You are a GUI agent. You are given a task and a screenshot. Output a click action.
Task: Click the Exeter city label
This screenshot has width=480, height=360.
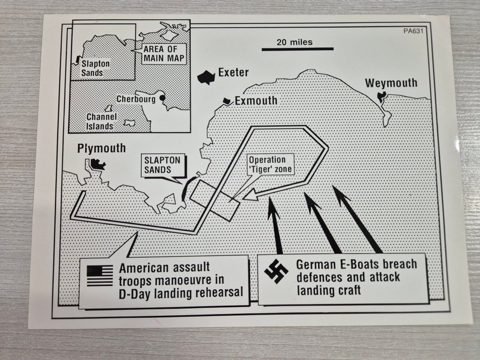[x=234, y=73]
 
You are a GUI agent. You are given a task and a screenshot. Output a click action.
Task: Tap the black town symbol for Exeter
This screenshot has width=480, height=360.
[x=205, y=77]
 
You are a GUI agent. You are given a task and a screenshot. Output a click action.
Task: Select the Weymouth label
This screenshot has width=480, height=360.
[x=391, y=83]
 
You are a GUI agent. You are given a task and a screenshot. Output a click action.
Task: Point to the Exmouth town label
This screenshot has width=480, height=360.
[x=256, y=100]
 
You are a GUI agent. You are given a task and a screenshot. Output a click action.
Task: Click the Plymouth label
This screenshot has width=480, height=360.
[x=101, y=148]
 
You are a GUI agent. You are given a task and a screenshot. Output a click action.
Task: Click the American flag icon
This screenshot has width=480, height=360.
[x=100, y=275]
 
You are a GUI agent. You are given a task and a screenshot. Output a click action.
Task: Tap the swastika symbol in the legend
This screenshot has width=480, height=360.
[x=276, y=271]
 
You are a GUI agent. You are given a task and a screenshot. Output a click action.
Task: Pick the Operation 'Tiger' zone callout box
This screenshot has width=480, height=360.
[x=268, y=164]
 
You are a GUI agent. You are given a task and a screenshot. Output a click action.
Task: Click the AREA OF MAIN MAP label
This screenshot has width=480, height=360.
[x=164, y=53]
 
